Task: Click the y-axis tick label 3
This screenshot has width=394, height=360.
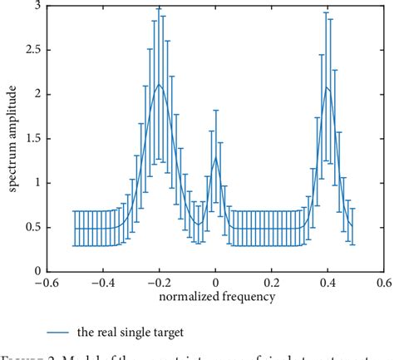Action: click(37, 6)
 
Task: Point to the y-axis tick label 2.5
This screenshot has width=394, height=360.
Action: click(32, 50)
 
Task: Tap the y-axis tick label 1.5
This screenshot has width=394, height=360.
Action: click(32, 139)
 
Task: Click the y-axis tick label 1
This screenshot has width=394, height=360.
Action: click(37, 183)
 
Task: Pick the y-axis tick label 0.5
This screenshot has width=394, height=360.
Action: click(32, 227)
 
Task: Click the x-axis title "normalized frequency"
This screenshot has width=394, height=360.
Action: click(215, 295)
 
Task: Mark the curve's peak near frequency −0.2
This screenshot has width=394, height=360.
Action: click(159, 84)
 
